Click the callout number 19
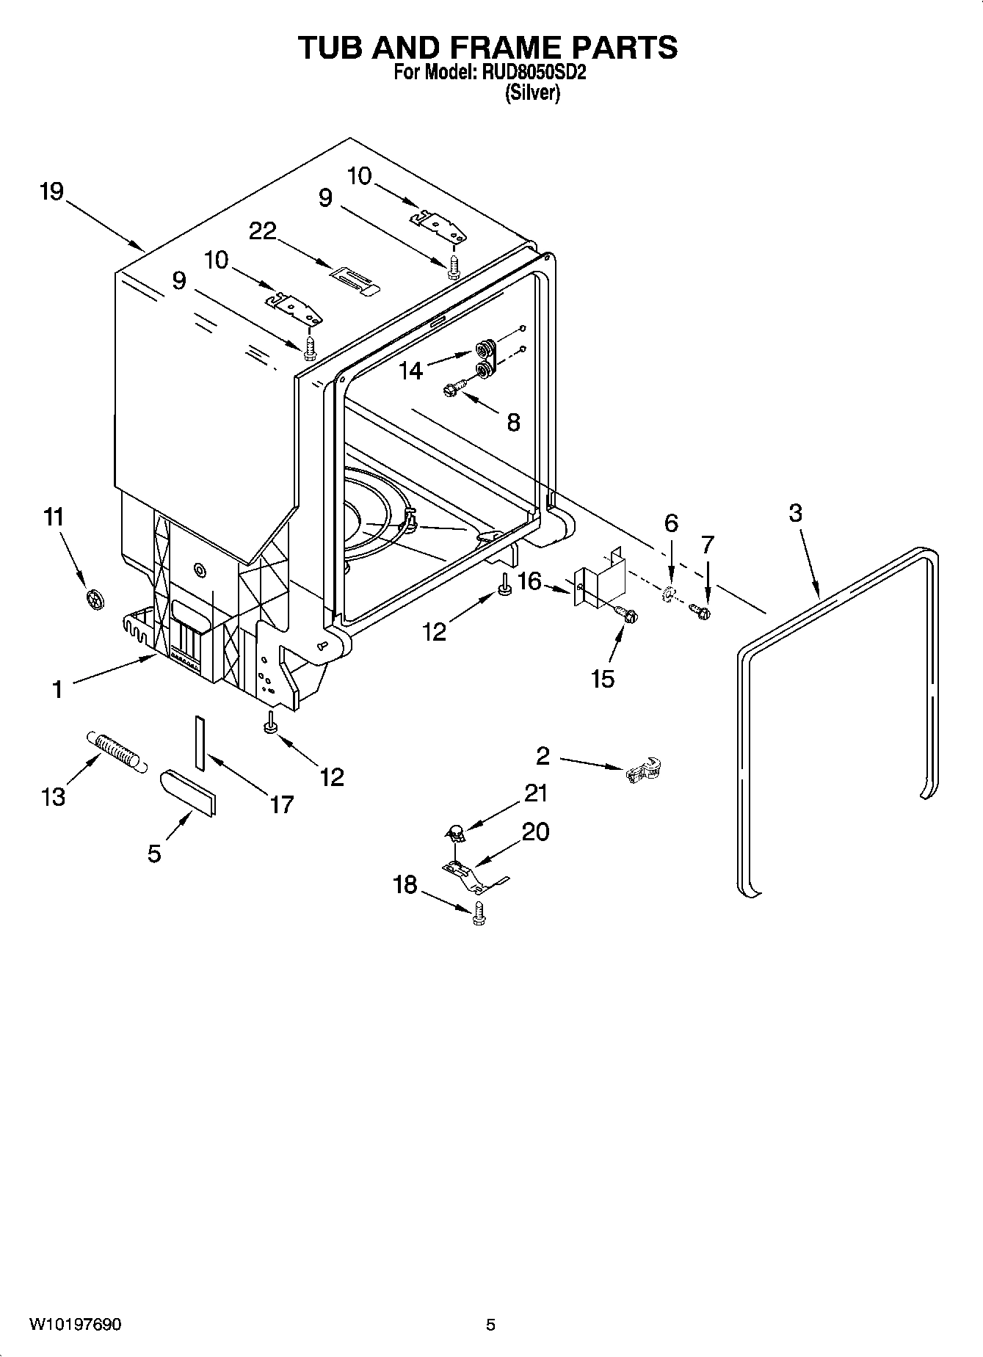(x=51, y=192)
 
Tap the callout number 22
(x=262, y=231)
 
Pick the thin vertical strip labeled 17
(x=200, y=742)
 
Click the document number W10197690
(x=76, y=1324)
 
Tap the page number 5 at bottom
(x=490, y=1324)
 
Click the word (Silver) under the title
(x=533, y=93)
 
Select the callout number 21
(x=536, y=793)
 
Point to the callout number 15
(x=602, y=678)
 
